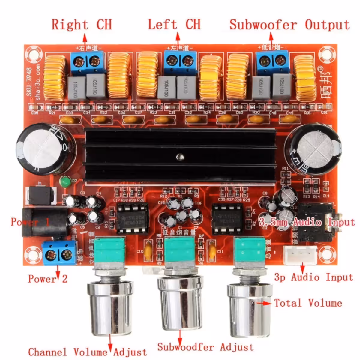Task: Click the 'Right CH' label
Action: (82, 25)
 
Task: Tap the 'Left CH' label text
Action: (174, 25)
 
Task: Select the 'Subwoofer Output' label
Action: (289, 25)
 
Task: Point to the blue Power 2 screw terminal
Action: (59, 253)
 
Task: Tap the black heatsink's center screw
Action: (180, 156)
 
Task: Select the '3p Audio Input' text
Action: (313, 277)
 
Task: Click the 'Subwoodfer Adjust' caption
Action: (205, 347)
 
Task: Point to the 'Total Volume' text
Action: (308, 303)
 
